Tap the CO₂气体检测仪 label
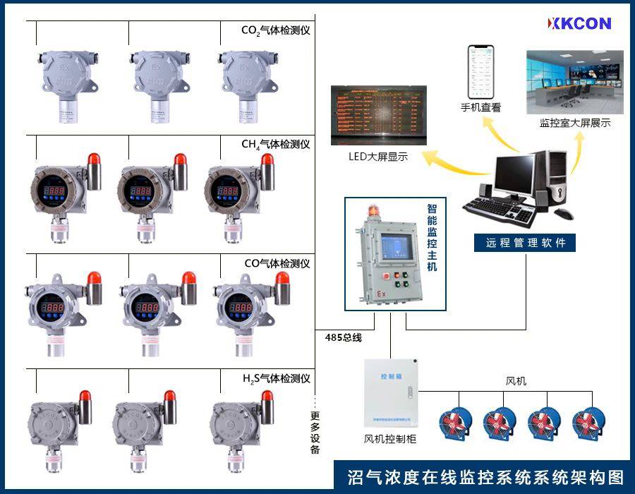[x=275, y=30]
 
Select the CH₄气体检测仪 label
[x=275, y=144]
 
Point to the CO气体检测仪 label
[x=277, y=264]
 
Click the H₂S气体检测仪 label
[x=276, y=379]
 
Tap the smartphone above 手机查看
[x=481, y=72]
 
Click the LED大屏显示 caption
[x=378, y=157]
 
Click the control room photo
[x=575, y=82]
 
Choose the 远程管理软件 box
[x=526, y=243]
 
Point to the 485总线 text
[x=344, y=338]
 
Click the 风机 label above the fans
[x=516, y=382]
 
